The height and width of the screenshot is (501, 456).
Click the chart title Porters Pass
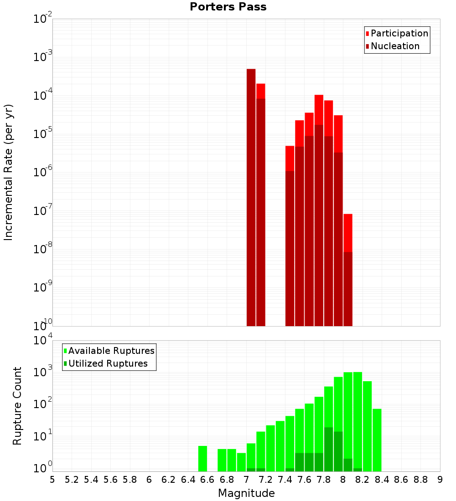point(228,7)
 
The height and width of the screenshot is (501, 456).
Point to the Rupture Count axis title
point(17,406)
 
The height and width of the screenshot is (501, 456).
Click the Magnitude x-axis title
point(246,493)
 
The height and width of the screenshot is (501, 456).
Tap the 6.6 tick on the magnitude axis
point(207,480)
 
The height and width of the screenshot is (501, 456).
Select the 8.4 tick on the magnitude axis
point(382,480)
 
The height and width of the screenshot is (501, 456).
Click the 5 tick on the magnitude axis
point(52,480)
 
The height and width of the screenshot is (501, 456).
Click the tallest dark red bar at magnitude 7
point(251,196)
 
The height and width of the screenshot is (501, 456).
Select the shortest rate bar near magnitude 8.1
point(348,273)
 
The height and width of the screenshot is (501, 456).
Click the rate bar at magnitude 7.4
point(290,246)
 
